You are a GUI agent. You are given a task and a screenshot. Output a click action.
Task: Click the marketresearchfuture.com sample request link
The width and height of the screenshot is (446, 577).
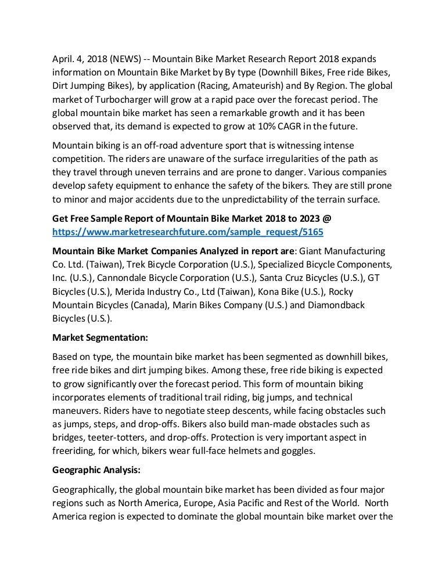coord(188,232)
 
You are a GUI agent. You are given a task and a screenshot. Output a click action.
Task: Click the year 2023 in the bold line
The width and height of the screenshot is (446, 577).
coord(311,218)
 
